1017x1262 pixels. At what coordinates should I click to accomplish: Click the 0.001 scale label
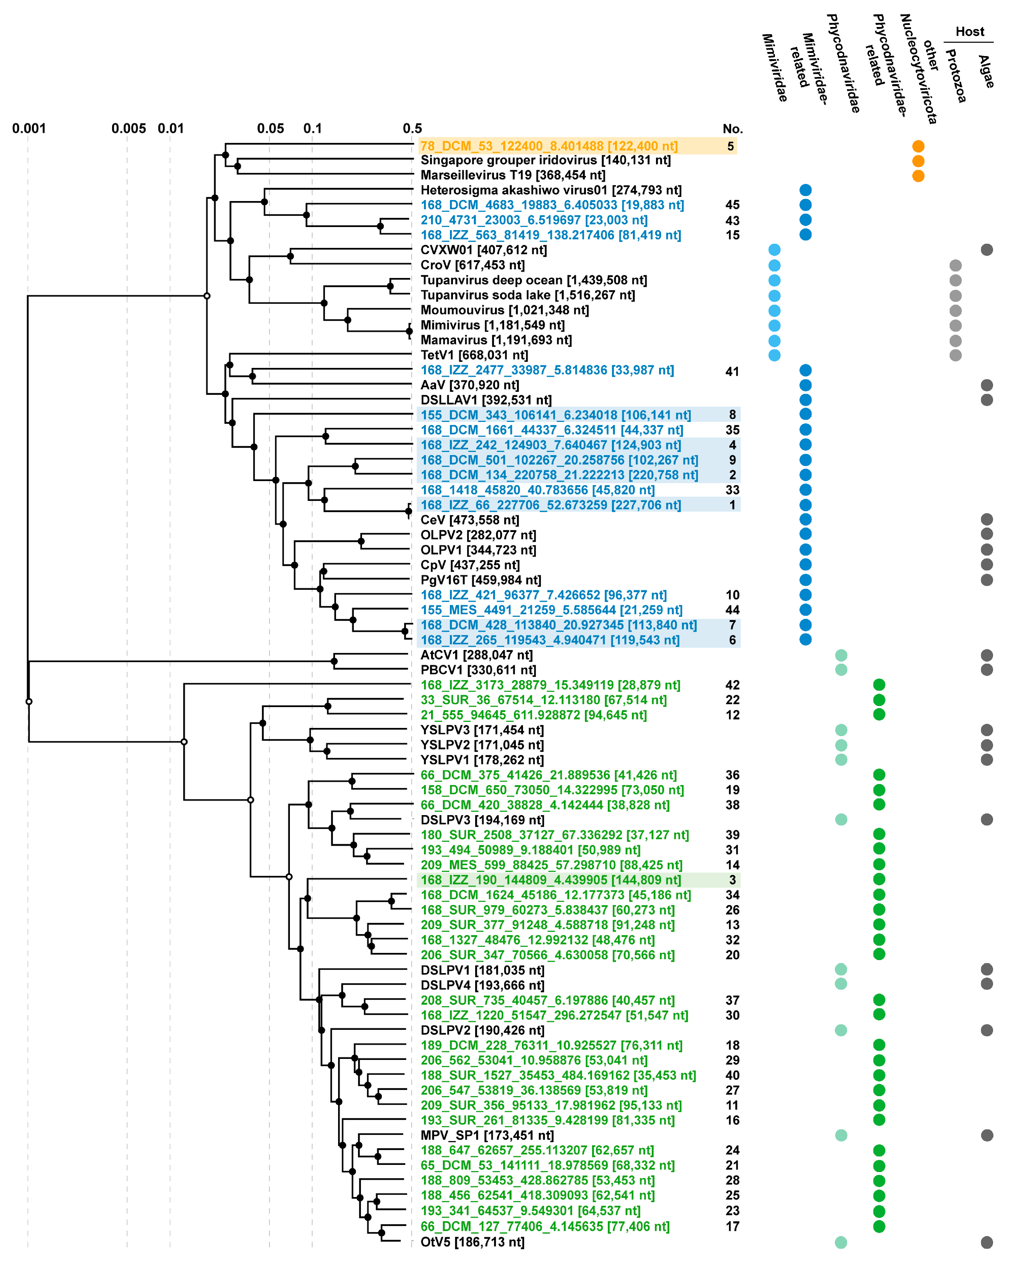tap(29, 128)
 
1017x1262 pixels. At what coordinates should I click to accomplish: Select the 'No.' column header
tap(732, 129)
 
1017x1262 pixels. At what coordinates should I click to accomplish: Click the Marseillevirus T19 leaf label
tap(512, 175)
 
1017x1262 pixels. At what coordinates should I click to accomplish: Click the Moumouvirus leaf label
tap(505, 310)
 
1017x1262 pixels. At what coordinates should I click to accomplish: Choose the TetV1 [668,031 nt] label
tap(474, 355)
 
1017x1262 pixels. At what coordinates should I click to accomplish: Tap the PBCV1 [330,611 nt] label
tap(478, 670)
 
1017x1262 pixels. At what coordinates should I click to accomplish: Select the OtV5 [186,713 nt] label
tap(472, 1242)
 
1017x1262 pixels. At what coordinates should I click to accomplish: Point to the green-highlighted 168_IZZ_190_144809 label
tap(551, 880)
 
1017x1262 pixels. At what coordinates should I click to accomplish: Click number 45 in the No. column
tap(732, 205)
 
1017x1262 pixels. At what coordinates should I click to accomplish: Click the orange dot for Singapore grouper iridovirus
tap(918, 161)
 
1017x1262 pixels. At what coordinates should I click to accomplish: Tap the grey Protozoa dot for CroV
tap(955, 265)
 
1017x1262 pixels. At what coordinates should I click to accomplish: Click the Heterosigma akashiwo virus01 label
tap(551, 190)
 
